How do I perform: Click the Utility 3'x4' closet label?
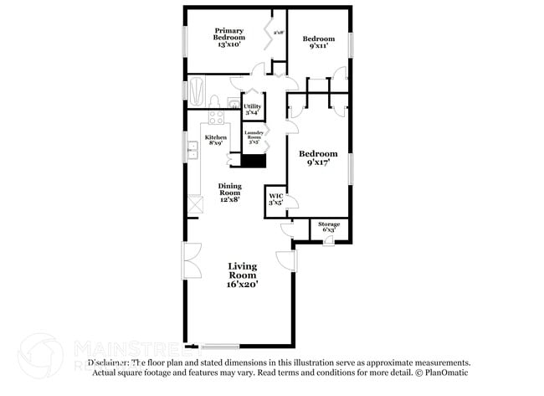coord(253,109)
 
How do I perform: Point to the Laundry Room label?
coord(254,136)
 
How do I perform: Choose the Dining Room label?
coord(229,193)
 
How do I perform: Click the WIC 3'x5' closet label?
coord(275,199)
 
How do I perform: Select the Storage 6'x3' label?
coord(328,227)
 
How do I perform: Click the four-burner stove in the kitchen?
coord(215,118)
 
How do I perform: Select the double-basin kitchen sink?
coord(192,151)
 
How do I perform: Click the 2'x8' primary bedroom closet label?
coord(279,33)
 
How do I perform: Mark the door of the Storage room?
coord(328,241)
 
